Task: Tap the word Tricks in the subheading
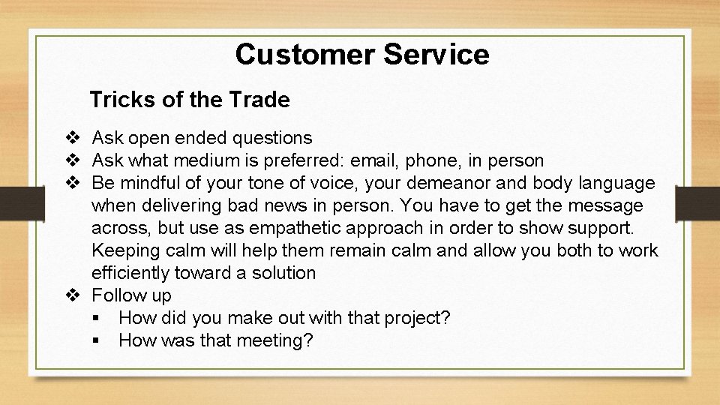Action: tap(115, 99)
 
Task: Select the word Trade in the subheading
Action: tap(262, 99)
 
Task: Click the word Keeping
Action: tap(126, 250)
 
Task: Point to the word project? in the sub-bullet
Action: tap(415, 318)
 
